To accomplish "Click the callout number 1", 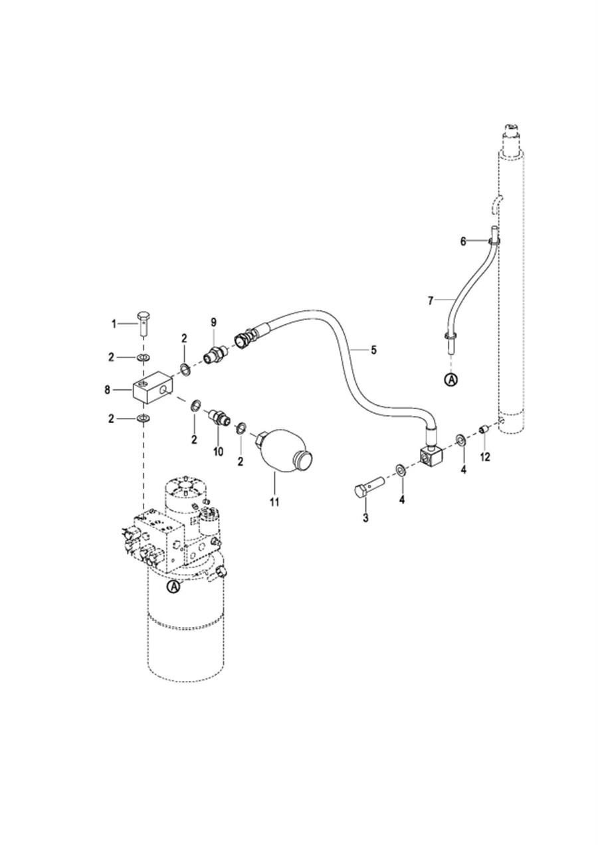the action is (x=114, y=324).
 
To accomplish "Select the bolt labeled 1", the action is (x=144, y=323).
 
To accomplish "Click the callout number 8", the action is (x=108, y=390).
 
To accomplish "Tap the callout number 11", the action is (x=274, y=502).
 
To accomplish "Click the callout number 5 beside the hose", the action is (x=373, y=350).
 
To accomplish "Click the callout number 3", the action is (x=365, y=518).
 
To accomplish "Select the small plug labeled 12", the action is (x=484, y=429).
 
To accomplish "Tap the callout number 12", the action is (x=485, y=457).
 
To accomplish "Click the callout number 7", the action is (x=431, y=301).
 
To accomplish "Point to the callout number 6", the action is (x=463, y=241).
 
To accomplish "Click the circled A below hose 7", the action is (x=450, y=380).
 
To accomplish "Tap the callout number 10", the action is (x=219, y=452).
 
